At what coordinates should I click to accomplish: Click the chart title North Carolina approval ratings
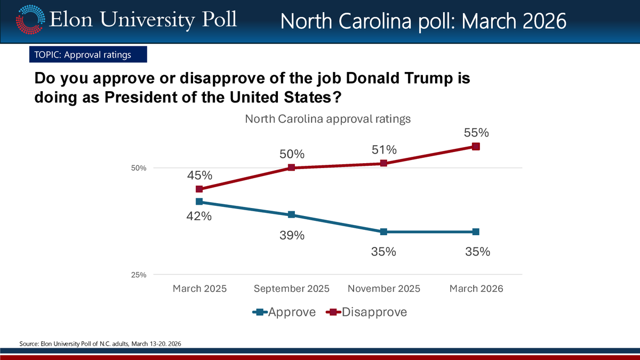click(327, 119)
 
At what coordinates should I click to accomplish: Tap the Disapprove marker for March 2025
click(199, 189)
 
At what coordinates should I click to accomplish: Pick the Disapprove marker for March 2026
click(476, 146)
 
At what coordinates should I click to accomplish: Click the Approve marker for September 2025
click(292, 215)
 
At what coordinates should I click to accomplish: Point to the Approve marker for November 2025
click(383, 232)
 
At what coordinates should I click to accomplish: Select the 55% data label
click(476, 132)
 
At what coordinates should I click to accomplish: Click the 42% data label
click(199, 217)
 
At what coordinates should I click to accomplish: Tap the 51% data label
click(383, 150)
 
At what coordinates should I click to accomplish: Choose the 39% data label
click(292, 236)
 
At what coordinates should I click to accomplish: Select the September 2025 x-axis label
click(292, 289)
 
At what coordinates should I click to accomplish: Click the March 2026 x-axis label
click(476, 289)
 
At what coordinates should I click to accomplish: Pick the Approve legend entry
click(284, 313)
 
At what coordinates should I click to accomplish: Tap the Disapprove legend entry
click(367, 313)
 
